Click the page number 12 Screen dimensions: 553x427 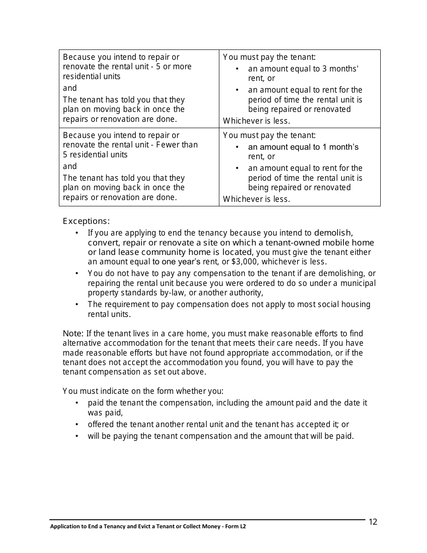[x=373, y=522]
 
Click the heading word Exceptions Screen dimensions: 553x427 [x=85, y=221]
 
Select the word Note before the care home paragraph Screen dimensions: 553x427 [x=72, y=334]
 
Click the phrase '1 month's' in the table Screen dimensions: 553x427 [x=342, y=147]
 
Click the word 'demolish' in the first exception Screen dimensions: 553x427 [x=333, y=233]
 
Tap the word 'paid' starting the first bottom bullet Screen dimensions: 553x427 [x=96, y=403]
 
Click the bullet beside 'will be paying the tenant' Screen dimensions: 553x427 [x=77, y=436]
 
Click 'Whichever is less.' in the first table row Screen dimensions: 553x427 [x=257, y=121]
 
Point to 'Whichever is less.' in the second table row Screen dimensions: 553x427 [x=257, y=199]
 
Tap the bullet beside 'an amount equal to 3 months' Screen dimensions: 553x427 [x=237, y=69]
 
